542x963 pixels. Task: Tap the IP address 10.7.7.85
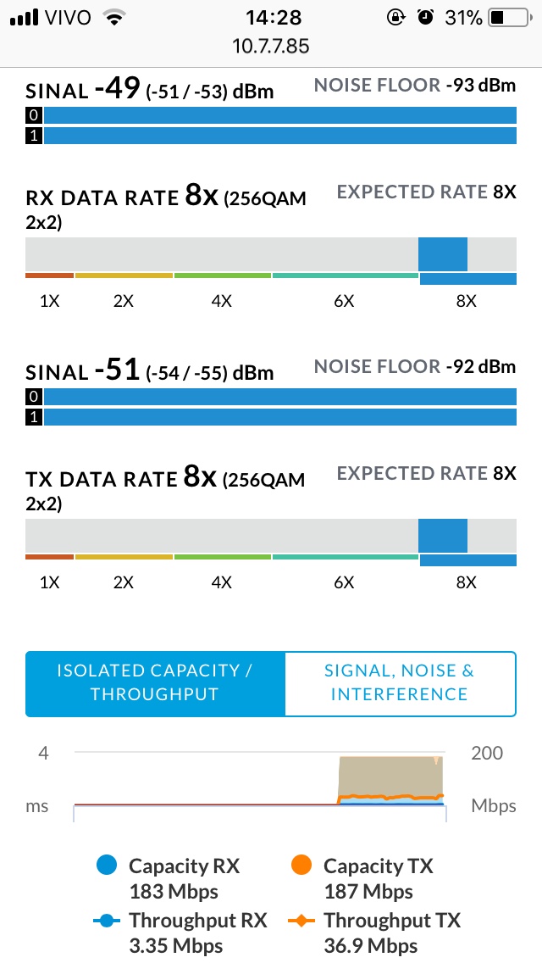pyautogui.click(x=270, y=45)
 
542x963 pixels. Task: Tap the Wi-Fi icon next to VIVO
pyautogui.click(x=111, y=17)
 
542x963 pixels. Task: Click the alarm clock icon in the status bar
pyautogui.click(x=427, y=17)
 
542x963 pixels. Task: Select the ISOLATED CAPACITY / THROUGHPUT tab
pyautogui.click(x=155, y=682)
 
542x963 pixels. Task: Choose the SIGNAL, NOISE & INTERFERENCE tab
pyautogui.click(x=400, y=682)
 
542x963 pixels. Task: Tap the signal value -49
pyautogui.click(x=117, y=88)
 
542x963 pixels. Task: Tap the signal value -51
pyautogui.click(x=117, y=370)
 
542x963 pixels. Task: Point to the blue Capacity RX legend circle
pyautogui.click(x=106, y=866)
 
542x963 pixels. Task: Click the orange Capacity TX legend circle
pyautogui.click(x=301, y=866)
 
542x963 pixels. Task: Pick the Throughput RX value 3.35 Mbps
pyautogui.click(x=175, y=946)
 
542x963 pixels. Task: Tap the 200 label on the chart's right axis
pyautogui.click(x=486, y=753)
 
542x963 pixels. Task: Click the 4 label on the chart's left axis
pyautogui.click(x=43, y=753)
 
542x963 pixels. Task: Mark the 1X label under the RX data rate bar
pyautogui.click(x=49, y=301)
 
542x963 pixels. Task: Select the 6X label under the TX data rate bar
pyautogui.click(x=344, y=582)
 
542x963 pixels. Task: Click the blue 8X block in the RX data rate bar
pyautogui.click(x=443, y=254)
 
